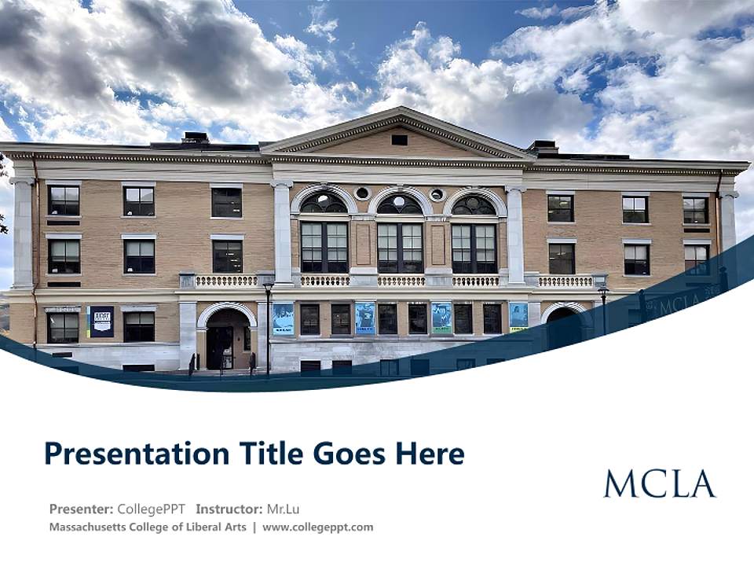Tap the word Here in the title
tap(432, 454)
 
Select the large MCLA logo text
tap(660, 484)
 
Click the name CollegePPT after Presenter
tap(151, 509)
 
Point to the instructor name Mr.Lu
tap(283, 509)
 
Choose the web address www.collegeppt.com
tap(317, 527)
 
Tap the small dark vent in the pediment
tap(399, 140)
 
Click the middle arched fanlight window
tap(399, 204)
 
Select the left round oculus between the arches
tap(362, 193)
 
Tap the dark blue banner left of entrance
tap(101, 322)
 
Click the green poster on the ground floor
tap(441, 318)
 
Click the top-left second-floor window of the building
tap(64, 200)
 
